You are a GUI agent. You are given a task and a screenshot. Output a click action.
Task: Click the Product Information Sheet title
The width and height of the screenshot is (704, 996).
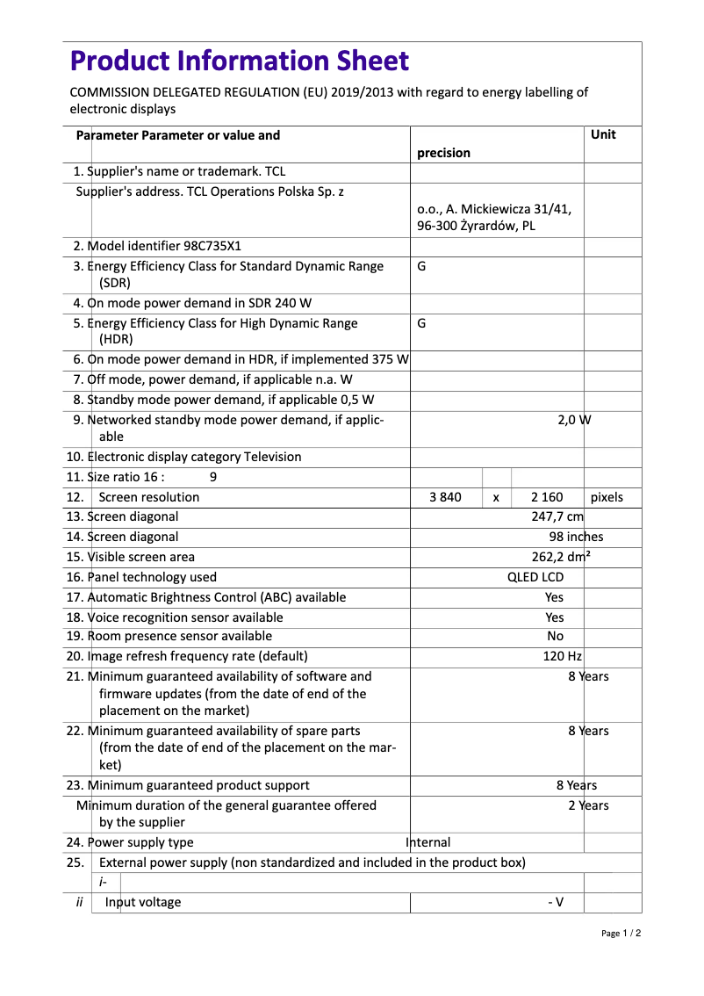pyautogui.click(x=239, y=61)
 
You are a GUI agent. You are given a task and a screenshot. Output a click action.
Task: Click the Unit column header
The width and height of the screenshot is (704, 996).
pyautogui.click(x=603, y=134)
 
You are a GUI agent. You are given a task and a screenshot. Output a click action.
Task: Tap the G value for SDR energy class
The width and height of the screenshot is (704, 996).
pyautogui.click(x=421, y=266)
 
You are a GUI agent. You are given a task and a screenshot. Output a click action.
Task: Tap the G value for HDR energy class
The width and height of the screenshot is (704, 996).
pyautogui.click(x=421, y=323)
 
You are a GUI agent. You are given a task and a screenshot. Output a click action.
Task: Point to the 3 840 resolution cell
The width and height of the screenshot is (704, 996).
pyautogui.click(x=445, y=497)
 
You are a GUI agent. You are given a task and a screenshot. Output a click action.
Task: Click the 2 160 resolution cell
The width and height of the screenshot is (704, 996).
pyautogui.click(x=547, y=497)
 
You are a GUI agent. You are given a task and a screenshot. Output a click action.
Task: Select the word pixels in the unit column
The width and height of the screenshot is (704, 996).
pyautogui.click(x=607, y=497)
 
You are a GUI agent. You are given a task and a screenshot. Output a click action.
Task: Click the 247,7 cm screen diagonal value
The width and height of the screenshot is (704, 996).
pyautogui.click(x=557, y=517)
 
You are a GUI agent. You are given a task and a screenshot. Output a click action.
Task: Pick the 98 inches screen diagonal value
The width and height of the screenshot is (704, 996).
pyautogui.click(x=576, y=537)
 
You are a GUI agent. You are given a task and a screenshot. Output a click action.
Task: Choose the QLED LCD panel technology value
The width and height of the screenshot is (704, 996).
pyautogui.click(x=535, y=577)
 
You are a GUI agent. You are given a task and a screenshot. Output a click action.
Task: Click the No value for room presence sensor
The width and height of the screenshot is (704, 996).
pyautogui.click(x=555, y=636)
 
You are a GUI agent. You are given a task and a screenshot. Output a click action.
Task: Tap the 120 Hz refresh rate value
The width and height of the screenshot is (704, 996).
pyautogui.click(x=562, y=656)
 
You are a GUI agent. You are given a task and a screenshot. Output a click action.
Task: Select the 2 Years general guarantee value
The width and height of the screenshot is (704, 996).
pyautogui.click(x=587, y=805)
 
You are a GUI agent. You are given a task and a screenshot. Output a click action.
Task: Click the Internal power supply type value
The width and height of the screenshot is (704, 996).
pyautogui.click(x=428, y=842)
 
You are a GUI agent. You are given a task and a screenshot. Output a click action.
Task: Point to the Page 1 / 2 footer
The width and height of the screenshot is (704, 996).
pyautogui.click(x=621, y=933)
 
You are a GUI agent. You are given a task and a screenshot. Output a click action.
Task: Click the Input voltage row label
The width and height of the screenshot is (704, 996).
pyautogui.click(x=143, y=902)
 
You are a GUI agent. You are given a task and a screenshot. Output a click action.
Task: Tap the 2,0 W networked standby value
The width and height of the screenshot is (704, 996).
pyautogui.click(x=574, y=420)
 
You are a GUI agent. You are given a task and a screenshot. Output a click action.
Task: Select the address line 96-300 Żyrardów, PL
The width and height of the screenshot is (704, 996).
pyautogui.click(x=476, y=226)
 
